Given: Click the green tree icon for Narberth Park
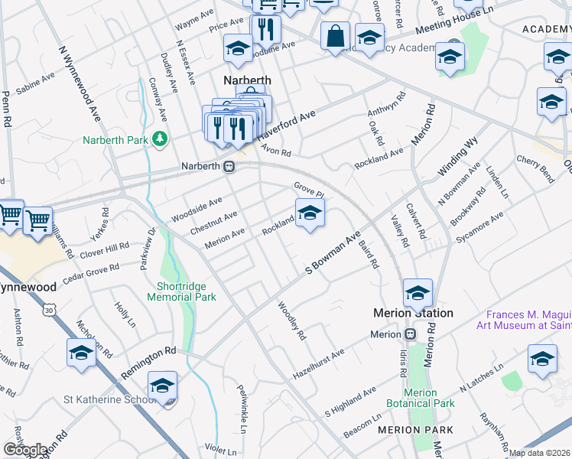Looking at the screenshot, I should pyautogui.click(x=160, y=138).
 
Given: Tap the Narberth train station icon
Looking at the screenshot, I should pyautogui.click(x=229, y=167).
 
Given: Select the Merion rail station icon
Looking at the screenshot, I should pyautogui.click(x=411, y=334).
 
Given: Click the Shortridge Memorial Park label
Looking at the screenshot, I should pyautogui.click(x=182, y=291).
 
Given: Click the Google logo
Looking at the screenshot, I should pyautogui.click(x=25, y=450).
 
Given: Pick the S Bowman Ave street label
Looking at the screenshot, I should pyautogui.click(x=333, y=253).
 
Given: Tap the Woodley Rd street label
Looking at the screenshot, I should pyautogui.click(x=292, y=321).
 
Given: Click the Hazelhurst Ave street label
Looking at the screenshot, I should pyautogui.click(x=319, y=364).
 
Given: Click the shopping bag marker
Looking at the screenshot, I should pyautogui.click(x=335, y=35).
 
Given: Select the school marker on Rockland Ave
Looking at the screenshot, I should pyautogui.click(x=310, y=213).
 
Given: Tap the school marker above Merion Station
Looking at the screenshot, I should pyautogui.click(x=418, y=293).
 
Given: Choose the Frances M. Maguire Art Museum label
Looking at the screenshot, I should pyautogui.click(x=528, y=321).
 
